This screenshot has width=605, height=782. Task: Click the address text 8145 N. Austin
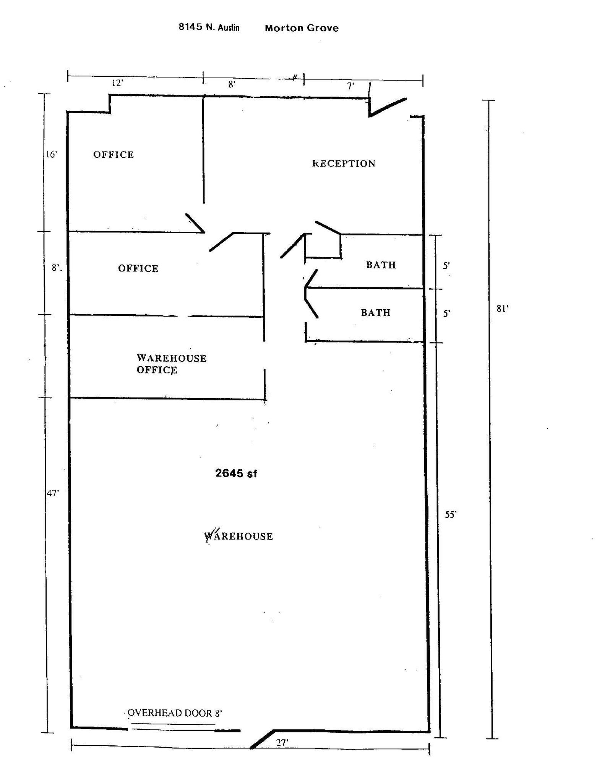pos(209,27)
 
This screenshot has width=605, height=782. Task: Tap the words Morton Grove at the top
pos(302,28)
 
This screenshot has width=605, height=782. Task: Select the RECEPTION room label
pos(344,164)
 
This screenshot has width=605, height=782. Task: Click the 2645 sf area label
pos(236,473)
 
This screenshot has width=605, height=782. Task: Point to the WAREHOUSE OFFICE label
pos(171,364)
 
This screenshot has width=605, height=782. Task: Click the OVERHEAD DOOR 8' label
pos(175,713)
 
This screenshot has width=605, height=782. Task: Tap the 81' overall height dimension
pos(502,309)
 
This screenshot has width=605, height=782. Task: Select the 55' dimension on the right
pos(451,515)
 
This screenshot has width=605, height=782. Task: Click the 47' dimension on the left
pos(53,493)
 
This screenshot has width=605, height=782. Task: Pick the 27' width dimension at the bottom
pos(282,743)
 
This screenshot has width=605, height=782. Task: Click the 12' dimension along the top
pos(117,83)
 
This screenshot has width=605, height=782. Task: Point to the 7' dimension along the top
pos(350,86)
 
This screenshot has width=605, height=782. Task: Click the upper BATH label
pos(381,265)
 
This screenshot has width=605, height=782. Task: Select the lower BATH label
pos(376,313)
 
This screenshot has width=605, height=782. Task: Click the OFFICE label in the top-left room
pos(114,155)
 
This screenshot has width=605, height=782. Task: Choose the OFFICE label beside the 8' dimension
pos(138,268)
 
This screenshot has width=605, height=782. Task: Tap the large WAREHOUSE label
pos(238,536)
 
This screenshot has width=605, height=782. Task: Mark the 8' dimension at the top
pos(232,84)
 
